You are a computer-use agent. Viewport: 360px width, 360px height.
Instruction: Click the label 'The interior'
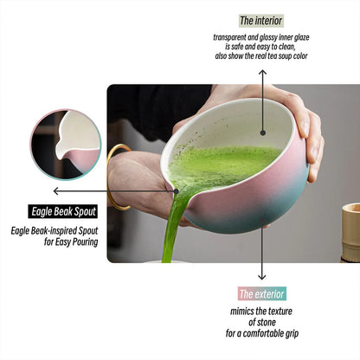pos(260,20)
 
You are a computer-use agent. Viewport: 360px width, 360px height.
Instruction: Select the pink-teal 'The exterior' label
pos(261,294)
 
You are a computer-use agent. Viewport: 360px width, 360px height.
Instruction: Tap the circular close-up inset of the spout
pos(66,143)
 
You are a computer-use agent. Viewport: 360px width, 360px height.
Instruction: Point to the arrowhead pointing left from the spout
pos(56,190)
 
